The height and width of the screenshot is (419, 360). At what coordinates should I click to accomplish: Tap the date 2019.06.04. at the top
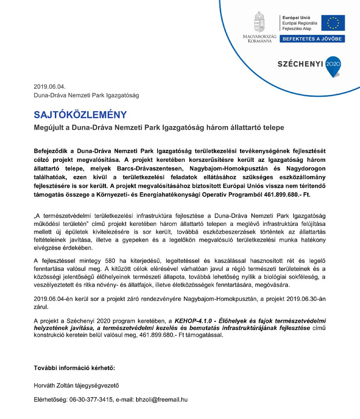click(x=50, y=87)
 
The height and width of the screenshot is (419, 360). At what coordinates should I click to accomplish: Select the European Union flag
click(x=333, y=23)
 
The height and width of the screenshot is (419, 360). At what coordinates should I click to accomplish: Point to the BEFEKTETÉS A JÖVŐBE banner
click(x=312, y=39)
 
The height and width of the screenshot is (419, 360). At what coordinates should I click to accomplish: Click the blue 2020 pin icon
click(x=333, y=65)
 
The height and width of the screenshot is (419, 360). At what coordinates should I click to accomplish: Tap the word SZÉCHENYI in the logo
click(x=300, y=64)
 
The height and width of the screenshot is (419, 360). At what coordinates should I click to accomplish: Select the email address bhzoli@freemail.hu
click(x=161, y=400)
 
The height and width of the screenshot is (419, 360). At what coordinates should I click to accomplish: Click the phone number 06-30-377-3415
click(x=91, y=400)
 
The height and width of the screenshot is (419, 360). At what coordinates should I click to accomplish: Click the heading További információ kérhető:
click(x=75, y=368)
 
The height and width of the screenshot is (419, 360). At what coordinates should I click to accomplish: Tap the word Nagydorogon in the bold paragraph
click(x=306, y=169)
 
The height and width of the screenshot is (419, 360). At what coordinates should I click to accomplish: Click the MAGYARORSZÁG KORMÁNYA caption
click(x=259, y=39)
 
